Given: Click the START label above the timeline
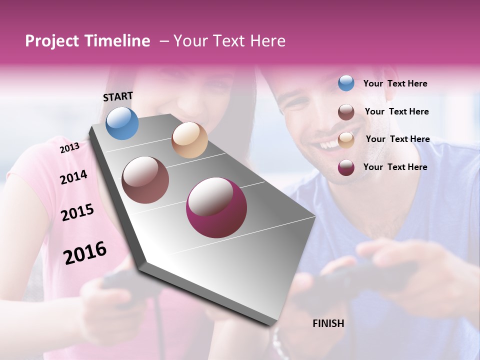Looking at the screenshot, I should [x=118, y=96].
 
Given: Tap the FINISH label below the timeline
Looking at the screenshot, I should [x=328, y=323].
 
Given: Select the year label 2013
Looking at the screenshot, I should [x=69, y=148].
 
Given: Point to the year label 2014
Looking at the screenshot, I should [x=73, y=177].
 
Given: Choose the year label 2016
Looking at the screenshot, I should [x=85, y=253].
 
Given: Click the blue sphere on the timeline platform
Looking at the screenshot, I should [x=122, y=123].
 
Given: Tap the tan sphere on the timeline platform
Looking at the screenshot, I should [x=189, y=140].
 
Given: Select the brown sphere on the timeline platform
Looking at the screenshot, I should [x=145, y=180].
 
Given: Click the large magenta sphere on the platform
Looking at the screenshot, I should [x=216, y=207].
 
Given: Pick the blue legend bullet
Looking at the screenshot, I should [x=346, y=83].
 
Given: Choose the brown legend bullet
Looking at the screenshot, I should [x=346, y=112].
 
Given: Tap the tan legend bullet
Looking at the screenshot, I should [x=346, y=140].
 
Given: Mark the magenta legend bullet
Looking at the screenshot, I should [x=346, y=167].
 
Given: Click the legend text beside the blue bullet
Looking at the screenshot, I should [x=395, y=83].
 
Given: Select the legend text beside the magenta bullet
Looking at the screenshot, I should [x=395, y=167].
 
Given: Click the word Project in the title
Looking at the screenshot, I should [x=52, y=41].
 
